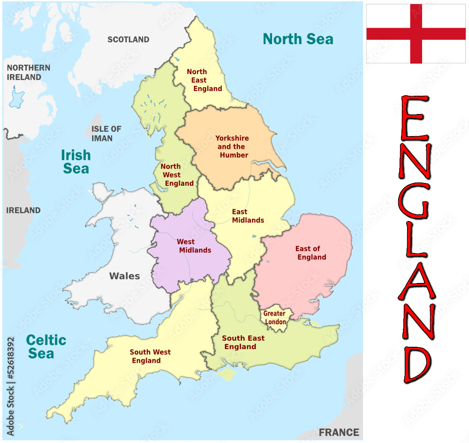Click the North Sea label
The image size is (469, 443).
click(x=298, y=39)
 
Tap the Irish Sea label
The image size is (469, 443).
click(x=76, y=161)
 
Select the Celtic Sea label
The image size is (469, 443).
click(x=45, y=347)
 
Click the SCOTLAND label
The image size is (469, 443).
click(x=128, y=40)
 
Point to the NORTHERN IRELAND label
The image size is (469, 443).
click(x=28, y=72)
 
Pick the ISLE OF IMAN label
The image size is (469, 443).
click(x=106, y=133)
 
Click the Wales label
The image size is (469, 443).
click(x=124, y=276)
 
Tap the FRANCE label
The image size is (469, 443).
click(x=339, y=432)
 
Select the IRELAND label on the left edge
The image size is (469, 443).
click(x=23, y=210)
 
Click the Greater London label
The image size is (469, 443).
click(x=275, y=318)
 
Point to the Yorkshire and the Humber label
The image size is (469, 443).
click(x=232, y=146)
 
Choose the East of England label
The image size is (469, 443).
click(x=309, y=253)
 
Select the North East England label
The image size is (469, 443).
click(x=202, y=80)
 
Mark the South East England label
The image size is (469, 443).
click(x=242, y=342)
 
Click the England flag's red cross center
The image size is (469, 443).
click(x=416, y=33)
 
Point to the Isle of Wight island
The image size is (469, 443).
click(x=227, y=374)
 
